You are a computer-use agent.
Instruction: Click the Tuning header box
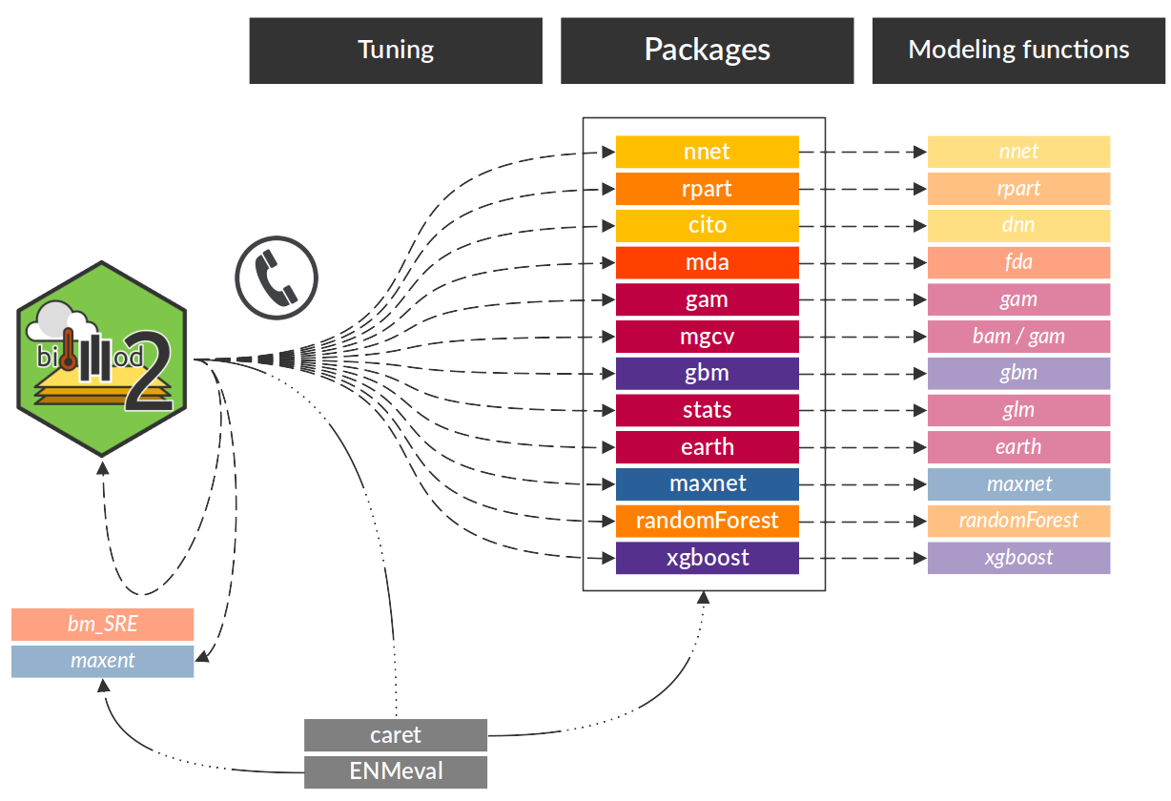coord(396,51)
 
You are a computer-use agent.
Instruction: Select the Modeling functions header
coord(1018,51)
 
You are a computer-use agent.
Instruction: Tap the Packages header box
coord(707,51)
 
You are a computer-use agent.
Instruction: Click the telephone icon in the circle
coord(277,277)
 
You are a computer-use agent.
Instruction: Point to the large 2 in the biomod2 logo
coord(150,372)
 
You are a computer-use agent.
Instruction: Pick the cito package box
coord(707,226)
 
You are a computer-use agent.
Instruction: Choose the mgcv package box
coord(707,337)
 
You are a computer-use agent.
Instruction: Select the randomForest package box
coord(707,521)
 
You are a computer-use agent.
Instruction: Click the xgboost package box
coord(707,558)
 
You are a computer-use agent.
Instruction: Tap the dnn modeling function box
coord(1018,226)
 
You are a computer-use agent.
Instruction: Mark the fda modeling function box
coord(1018,262)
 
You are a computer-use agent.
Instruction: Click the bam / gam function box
coord(1018,337)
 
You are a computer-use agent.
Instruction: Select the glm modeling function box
coord(1018,410)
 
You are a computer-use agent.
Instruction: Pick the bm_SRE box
coord(102,625)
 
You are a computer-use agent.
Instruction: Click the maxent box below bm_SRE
coord(102,661)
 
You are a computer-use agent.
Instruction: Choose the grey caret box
coord(396,735)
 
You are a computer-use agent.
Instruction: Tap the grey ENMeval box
coord(396,771)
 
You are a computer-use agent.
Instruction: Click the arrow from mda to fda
coord(863,262)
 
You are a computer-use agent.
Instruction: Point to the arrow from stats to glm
coord(863,410)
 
